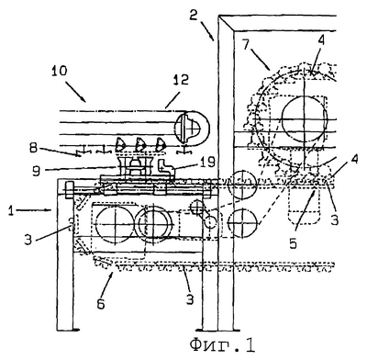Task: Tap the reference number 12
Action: tap(181, 81)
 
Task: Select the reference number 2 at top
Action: tap(193, 15)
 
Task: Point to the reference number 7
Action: tap(247, 46)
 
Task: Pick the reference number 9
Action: tap(37, 171)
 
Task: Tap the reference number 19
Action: tap(207, 162)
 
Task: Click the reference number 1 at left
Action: tap(11, 211)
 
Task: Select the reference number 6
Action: tap(101, 304)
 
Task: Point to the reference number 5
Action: tap(294, 243)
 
